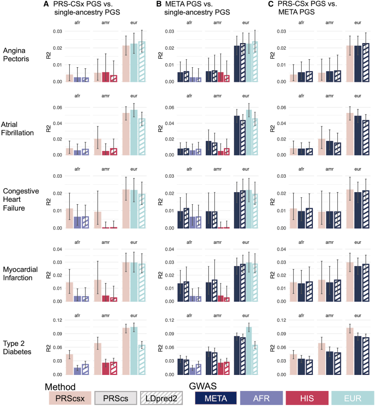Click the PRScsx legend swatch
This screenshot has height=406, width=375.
point(70,398)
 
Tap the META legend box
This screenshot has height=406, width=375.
point(215,398)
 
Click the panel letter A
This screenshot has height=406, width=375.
point(46,5)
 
